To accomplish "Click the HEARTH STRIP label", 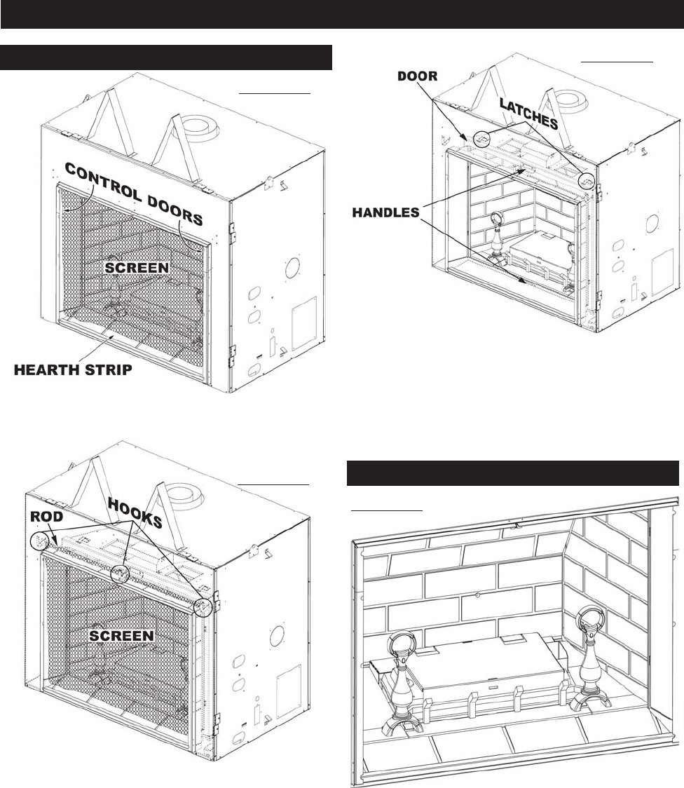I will [74, 370].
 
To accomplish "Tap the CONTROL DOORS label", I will [133, 193].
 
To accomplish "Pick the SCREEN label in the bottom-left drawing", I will [123, 635].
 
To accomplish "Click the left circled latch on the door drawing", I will [481, 140].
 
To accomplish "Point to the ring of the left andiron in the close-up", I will [402, 643].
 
